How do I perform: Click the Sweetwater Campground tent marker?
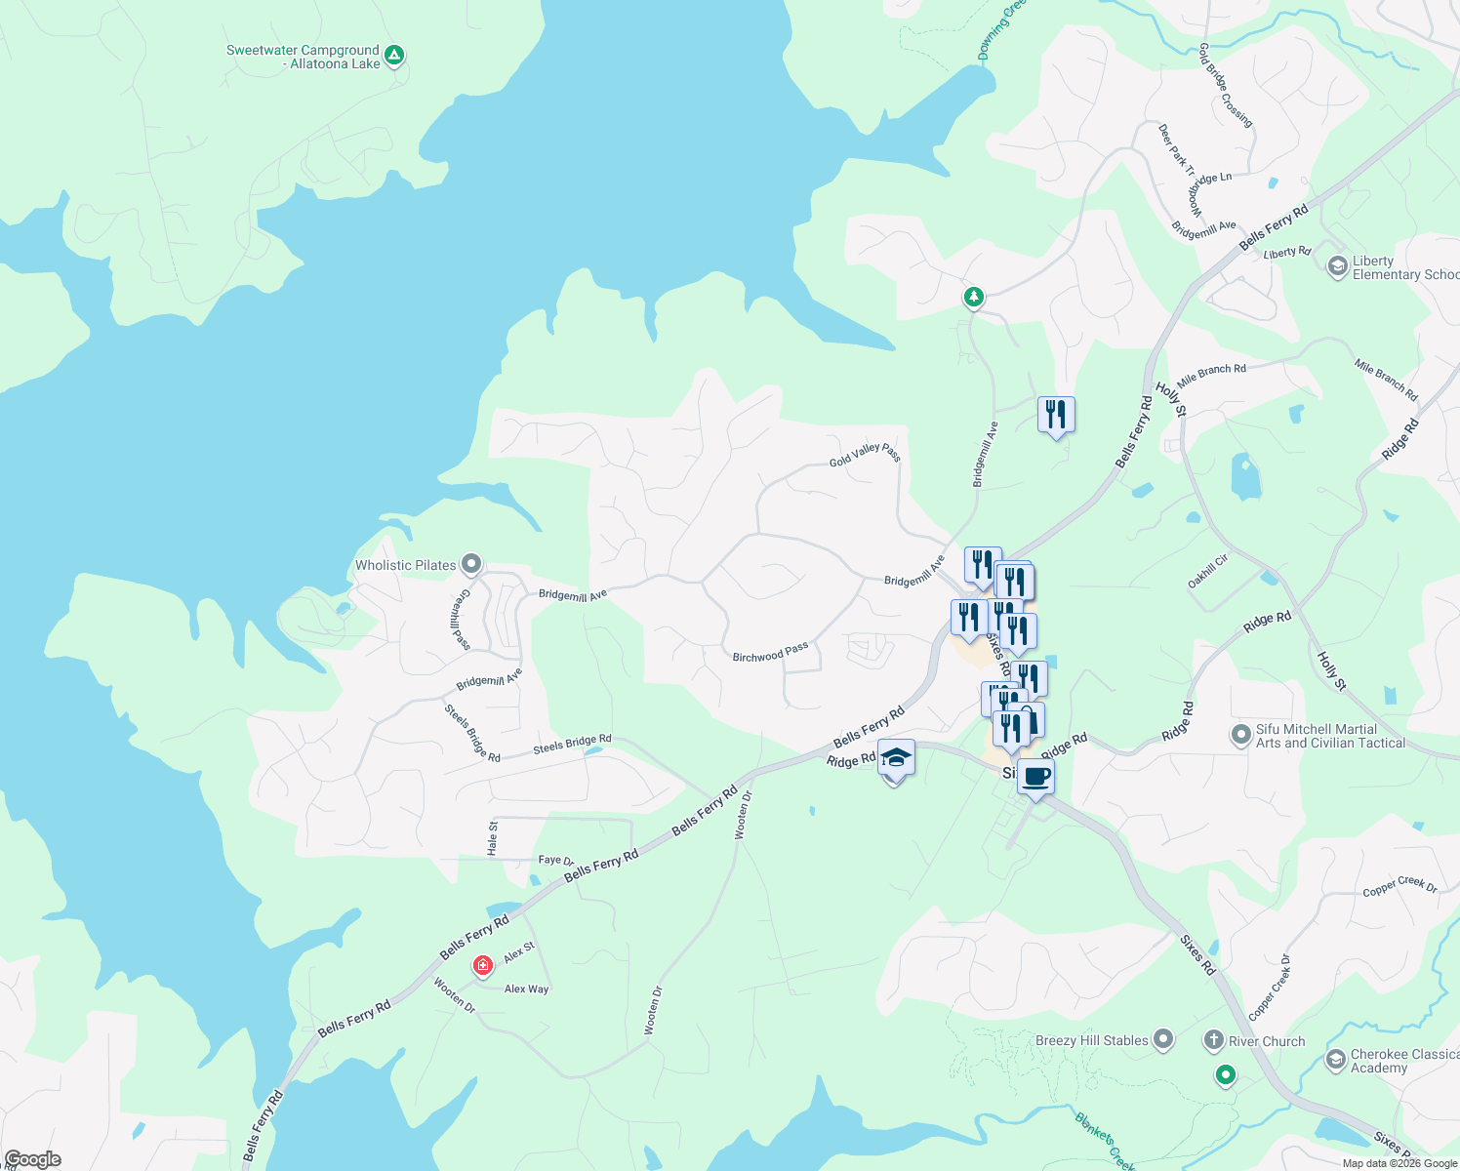point(394,55)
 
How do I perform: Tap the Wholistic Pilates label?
point(406,565)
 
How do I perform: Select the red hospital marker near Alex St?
point(482,966)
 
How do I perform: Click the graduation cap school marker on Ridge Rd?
point(896,758)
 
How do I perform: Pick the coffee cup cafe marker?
point(1036,777)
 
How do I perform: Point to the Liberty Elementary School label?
point(1404,267)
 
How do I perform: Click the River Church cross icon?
point(1213,1040)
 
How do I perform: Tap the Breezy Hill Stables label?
point(1091,1040)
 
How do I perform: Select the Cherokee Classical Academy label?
point(1404,1061)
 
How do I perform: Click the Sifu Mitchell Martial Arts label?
point(1330,736)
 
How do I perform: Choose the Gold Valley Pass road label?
point(865,454)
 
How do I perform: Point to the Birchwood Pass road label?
point(770,653)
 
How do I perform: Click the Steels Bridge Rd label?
point(572,744)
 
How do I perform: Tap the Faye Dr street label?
point(555,860)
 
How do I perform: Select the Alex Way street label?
point(526,989)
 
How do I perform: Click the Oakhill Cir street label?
point(1207,571)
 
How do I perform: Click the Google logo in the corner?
point(32,1159)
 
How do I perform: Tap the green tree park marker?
point(973,297)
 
